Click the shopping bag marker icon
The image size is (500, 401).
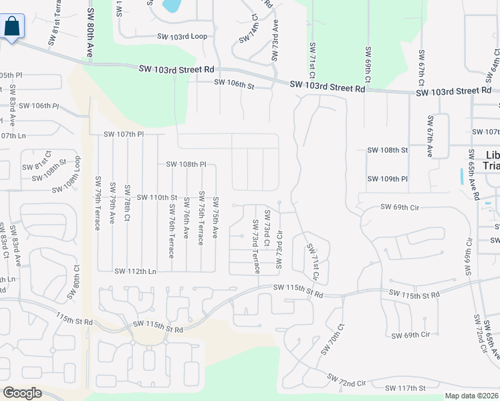pyautogui.click(x=13, y=27)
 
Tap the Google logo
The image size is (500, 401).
pyautogui.click(x=22, y=393)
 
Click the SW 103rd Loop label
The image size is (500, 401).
pyautogui.click(x=182, y=37)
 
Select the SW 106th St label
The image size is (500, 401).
pyautogui.click(x=234, y=84)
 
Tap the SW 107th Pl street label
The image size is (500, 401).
pyautogui.click(x=124, y=134)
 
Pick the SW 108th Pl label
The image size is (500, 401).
pyautogui.click(x=186, y=164)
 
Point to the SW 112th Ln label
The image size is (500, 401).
pyautogui.click(x=135, y=271)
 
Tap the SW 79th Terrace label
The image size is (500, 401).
pyautogui.click(x=98, y=203)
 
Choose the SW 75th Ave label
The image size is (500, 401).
pyautogui.click(x=215, y=217)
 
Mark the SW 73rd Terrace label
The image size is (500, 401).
pyautogui.click(x=255, y=246)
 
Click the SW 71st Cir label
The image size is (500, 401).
pyautogui.click(x=312, y=261)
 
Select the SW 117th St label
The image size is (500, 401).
pyautogui.click(x=405, y=388)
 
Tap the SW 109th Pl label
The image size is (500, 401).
pyautogui.click(x=387, y=179)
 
